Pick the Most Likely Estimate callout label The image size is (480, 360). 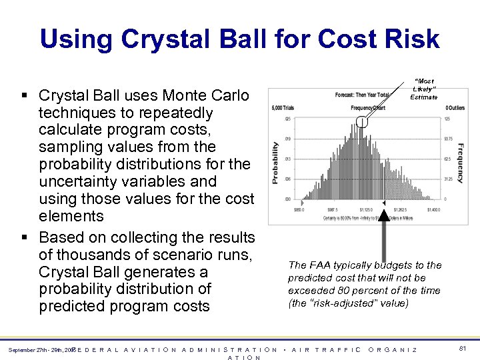click(423, 89)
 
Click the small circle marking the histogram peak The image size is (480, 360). click(362, 121)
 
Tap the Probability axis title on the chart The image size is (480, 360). click(275, 162)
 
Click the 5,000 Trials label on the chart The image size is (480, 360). click(281, 107)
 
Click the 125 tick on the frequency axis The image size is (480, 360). click(449, 119)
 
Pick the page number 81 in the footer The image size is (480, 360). click(462, 347)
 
